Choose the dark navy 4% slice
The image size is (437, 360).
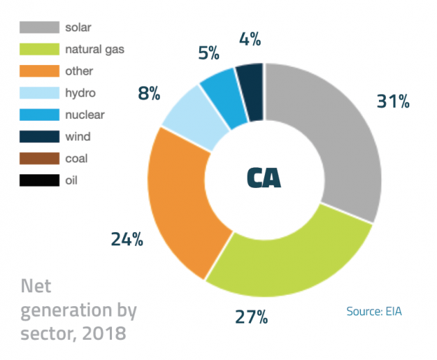250,82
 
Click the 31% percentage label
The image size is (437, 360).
392,101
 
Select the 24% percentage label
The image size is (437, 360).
127,239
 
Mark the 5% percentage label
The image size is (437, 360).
207,53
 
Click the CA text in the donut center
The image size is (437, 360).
264,178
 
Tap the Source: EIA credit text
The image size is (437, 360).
374,311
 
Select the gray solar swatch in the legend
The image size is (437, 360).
38,27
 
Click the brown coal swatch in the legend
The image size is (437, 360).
38,159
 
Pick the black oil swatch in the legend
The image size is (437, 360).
38,180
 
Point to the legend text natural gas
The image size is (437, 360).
94,49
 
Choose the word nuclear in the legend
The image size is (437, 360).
85,115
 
